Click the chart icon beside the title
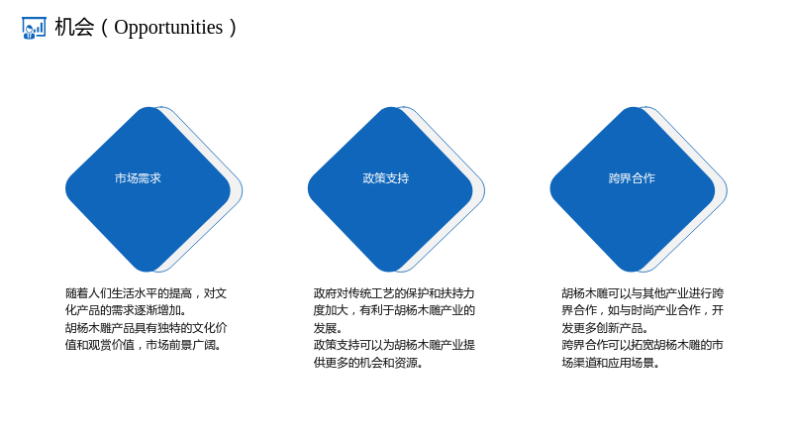[34, 28]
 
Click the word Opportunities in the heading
[168, 28]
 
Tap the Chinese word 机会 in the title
[74, 28]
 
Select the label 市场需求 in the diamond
[138, 178]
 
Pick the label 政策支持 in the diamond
[386, 178]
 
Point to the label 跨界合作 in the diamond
[632, 178]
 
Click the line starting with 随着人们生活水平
[146, 293]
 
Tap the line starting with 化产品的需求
[126, 310]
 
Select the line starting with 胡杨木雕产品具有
[146, 328]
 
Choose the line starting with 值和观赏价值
[143, 345]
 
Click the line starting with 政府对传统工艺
[394, 293]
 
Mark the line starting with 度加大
[394, 310]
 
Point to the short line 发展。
[328, 328]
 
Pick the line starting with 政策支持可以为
[394, 345]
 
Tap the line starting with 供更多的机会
[368, 363]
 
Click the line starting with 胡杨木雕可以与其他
[643, 293]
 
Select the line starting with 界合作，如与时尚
[643, 310]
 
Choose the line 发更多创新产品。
[605, 328]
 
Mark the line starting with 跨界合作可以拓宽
[643, 345]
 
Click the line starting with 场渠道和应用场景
[611, 363]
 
